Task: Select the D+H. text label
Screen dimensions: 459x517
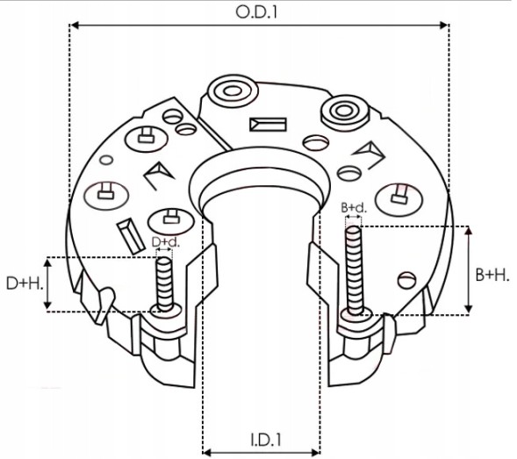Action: pyautogui.click(x=24, y=283)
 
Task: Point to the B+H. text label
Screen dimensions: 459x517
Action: pyautogui.click(x=493, y=275)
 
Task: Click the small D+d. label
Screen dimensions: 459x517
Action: pyautogui.click(x=165, y=241)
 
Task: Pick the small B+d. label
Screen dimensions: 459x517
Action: pyautogui.click(x=353, y=208)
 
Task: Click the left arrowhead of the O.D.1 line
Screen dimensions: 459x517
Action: pyautogui.click(x=74, y=26)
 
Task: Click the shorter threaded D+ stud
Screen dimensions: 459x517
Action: pyautogui.click(x=163, y=281)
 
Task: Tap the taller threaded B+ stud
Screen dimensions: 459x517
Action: pyautogui.click(x=354, y=268)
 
